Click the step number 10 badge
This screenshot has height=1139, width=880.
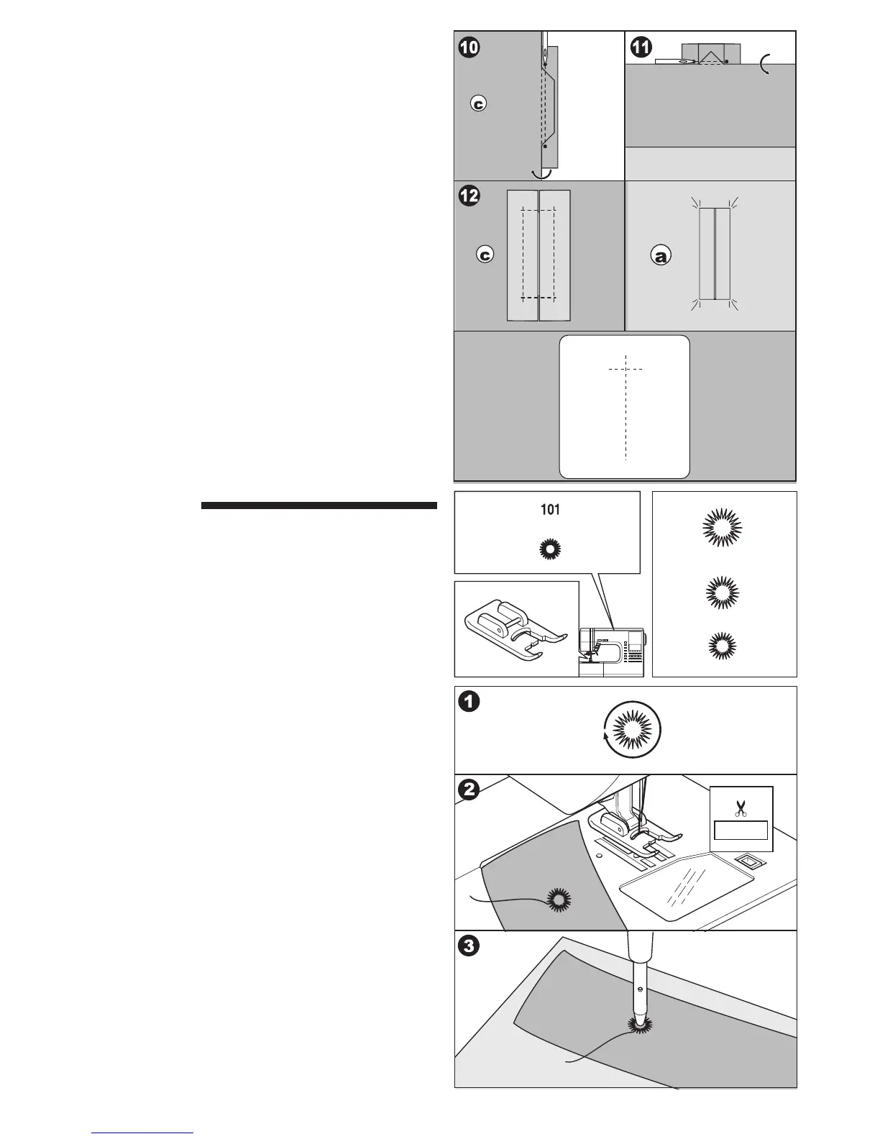468,47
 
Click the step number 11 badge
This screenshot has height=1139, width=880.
641,47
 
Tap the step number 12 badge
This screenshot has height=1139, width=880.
468,196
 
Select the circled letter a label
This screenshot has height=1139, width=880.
660,255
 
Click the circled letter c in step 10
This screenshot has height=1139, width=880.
478,104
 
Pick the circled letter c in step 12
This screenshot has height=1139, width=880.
486,255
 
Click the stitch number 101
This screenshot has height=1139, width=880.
550,510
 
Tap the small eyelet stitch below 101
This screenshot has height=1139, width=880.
550,549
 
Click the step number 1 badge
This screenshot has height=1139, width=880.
468,702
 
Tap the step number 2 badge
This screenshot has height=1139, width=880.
468,790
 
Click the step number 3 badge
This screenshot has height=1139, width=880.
468,946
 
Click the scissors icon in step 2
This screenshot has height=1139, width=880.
741,808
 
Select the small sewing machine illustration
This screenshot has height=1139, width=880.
613,650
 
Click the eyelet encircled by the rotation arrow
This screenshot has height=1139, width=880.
631,731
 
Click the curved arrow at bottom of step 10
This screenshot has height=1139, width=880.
540,173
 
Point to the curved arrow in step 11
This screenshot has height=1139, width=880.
766,68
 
